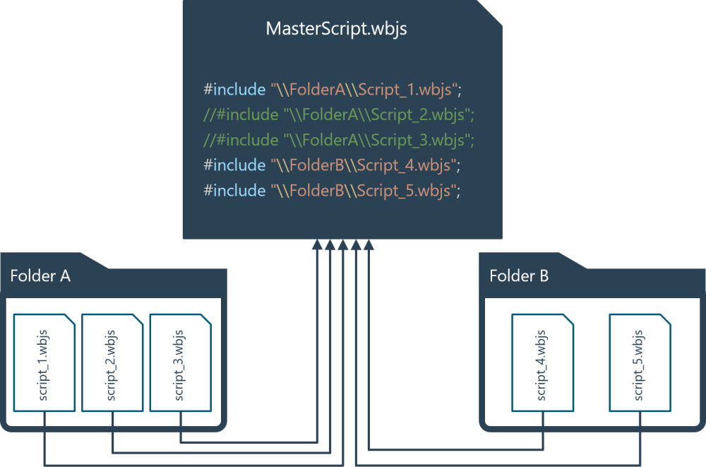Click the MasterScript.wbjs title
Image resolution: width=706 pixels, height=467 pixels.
coord(336,30)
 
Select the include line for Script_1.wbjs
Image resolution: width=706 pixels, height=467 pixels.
coord(332,90)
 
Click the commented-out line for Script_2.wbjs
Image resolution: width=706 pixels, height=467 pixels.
coord(338,114)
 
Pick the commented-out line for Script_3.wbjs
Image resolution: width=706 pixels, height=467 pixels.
coord(338,139)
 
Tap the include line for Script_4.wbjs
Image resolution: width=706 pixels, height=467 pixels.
coord(332,165)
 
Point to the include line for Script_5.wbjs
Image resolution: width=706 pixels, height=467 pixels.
coord(332,190)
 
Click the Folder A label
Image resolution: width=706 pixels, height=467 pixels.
coord(40,276)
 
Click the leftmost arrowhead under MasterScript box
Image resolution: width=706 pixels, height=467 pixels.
coord(317,244)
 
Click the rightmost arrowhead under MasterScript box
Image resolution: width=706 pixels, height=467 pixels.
coord(369,244)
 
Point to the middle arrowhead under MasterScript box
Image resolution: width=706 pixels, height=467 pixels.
coord(343,244)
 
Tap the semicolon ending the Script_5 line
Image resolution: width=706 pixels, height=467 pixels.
coord(458,191)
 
